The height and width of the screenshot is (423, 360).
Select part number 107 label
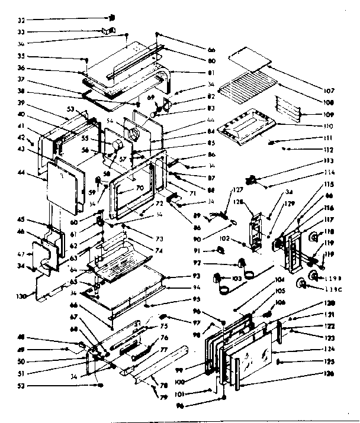click(329, 91)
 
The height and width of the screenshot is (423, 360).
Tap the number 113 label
click(329, 161)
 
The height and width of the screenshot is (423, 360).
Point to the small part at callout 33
click(108, 30)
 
